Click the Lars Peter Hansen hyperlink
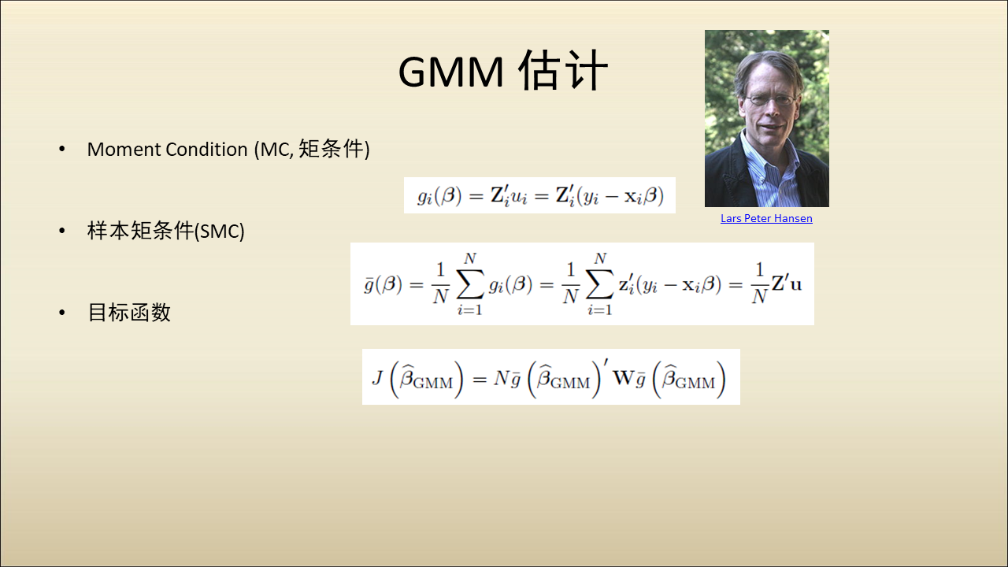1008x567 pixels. [x=766, y=218]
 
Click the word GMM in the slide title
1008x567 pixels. [x=451, y=72]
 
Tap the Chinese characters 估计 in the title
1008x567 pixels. [x=563, y=70]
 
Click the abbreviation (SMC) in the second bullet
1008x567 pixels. [x=220, y=232]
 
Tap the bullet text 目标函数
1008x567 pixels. [x=129, y=313]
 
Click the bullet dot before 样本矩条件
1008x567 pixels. [x=62, y=231]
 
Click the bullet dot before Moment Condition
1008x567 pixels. [x=62, y=149]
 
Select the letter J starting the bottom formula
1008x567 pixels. [x=377, y=377]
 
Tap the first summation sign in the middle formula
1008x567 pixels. [x=470, y=284]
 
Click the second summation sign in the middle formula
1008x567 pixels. [x=599, y=284]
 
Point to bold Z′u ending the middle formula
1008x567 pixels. [x=787, y=283]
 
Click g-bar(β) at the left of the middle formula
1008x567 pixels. [x=383, y=284]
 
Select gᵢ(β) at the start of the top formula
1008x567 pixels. [x=439, y=196]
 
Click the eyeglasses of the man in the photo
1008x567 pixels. [x=770, y=100]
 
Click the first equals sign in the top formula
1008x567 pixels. [x=476, y=196]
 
